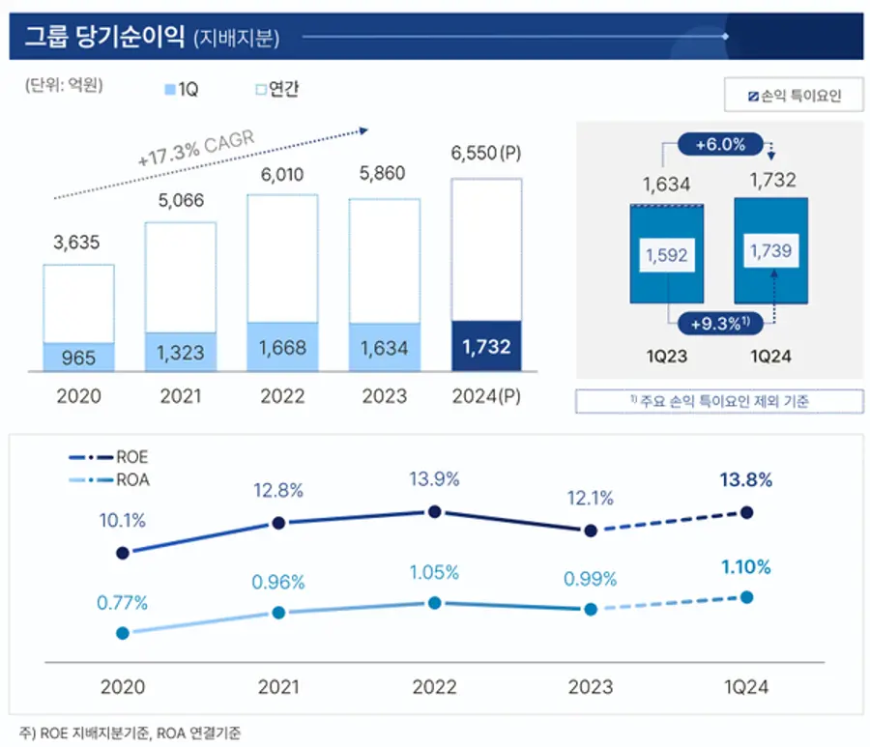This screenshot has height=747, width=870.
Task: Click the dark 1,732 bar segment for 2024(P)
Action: click(486, 346)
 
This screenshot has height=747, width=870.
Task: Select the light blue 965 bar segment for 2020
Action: click(78, 357)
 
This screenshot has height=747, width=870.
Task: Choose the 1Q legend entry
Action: click(184, 89)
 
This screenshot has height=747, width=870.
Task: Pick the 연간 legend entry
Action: click(276, 89)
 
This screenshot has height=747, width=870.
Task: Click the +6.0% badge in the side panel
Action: click(719, 145)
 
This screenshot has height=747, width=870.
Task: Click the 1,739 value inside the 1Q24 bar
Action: click(770, 250)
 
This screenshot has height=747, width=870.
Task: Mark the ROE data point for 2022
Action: click(434, 511)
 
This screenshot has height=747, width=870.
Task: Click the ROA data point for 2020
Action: click(123, 633)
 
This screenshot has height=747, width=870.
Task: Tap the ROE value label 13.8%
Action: click(745, 479)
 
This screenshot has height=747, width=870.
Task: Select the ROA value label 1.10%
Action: click(745, 567)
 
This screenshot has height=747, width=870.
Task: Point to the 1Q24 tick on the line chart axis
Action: click(745, 686)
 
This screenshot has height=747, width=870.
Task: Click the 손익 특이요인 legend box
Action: click(794, 96)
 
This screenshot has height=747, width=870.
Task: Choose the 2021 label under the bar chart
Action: click(181, 396)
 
